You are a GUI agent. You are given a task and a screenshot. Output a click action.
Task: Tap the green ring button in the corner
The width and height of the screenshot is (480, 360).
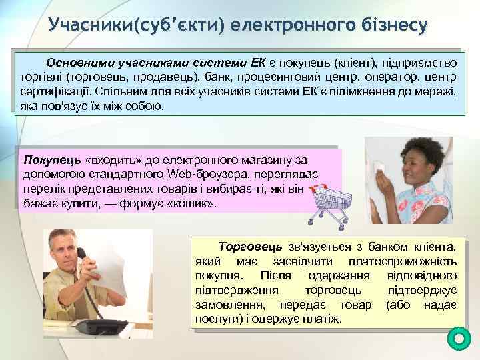pyautogui.click(x=459, y=339)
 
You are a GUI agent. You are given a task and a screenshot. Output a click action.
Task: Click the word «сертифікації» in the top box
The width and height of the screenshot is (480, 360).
pyautogui.click(x=53, y=91)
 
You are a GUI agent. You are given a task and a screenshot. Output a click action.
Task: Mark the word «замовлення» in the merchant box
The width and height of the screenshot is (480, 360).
pyautogui.click(x=224, y=305)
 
